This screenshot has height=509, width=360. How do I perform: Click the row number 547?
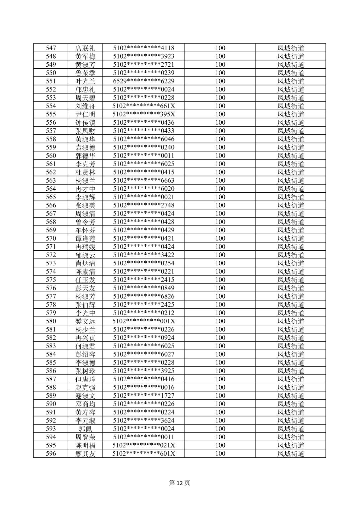[x=51, y=48]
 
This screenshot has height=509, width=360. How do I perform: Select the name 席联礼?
[x=85, y=48]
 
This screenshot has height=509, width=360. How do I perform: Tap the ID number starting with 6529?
[x=144, y=81]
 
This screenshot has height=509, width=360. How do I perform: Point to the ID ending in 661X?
[x=144, y=106]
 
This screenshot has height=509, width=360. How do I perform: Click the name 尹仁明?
[x=85, y=114]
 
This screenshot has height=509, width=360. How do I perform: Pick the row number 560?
[x=51, y=156]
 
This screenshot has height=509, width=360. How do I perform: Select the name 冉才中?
[x=85, y=189]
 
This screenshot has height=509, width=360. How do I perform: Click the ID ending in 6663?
[x=144, y=181]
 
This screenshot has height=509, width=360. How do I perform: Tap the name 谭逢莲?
[x=85, y=239]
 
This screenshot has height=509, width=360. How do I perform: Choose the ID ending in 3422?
[x=144, y=255]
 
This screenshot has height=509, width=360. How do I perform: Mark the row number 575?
[x=51, y=280]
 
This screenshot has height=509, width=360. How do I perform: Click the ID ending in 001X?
[x=144, y=321]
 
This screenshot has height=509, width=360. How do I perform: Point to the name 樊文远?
[x=85, y=321]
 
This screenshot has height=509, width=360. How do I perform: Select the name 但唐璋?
[x=85, y=379]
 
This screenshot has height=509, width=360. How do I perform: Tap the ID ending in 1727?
[x=144, y=396]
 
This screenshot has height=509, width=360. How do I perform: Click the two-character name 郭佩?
[x=85, y=429]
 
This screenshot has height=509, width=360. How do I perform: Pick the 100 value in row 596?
[x=220, y=454]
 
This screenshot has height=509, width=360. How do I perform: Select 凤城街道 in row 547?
[x=291, y=48]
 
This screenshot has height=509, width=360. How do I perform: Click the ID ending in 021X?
[x=144, y=445]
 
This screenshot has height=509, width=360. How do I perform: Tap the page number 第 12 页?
[x=180, y=483]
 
